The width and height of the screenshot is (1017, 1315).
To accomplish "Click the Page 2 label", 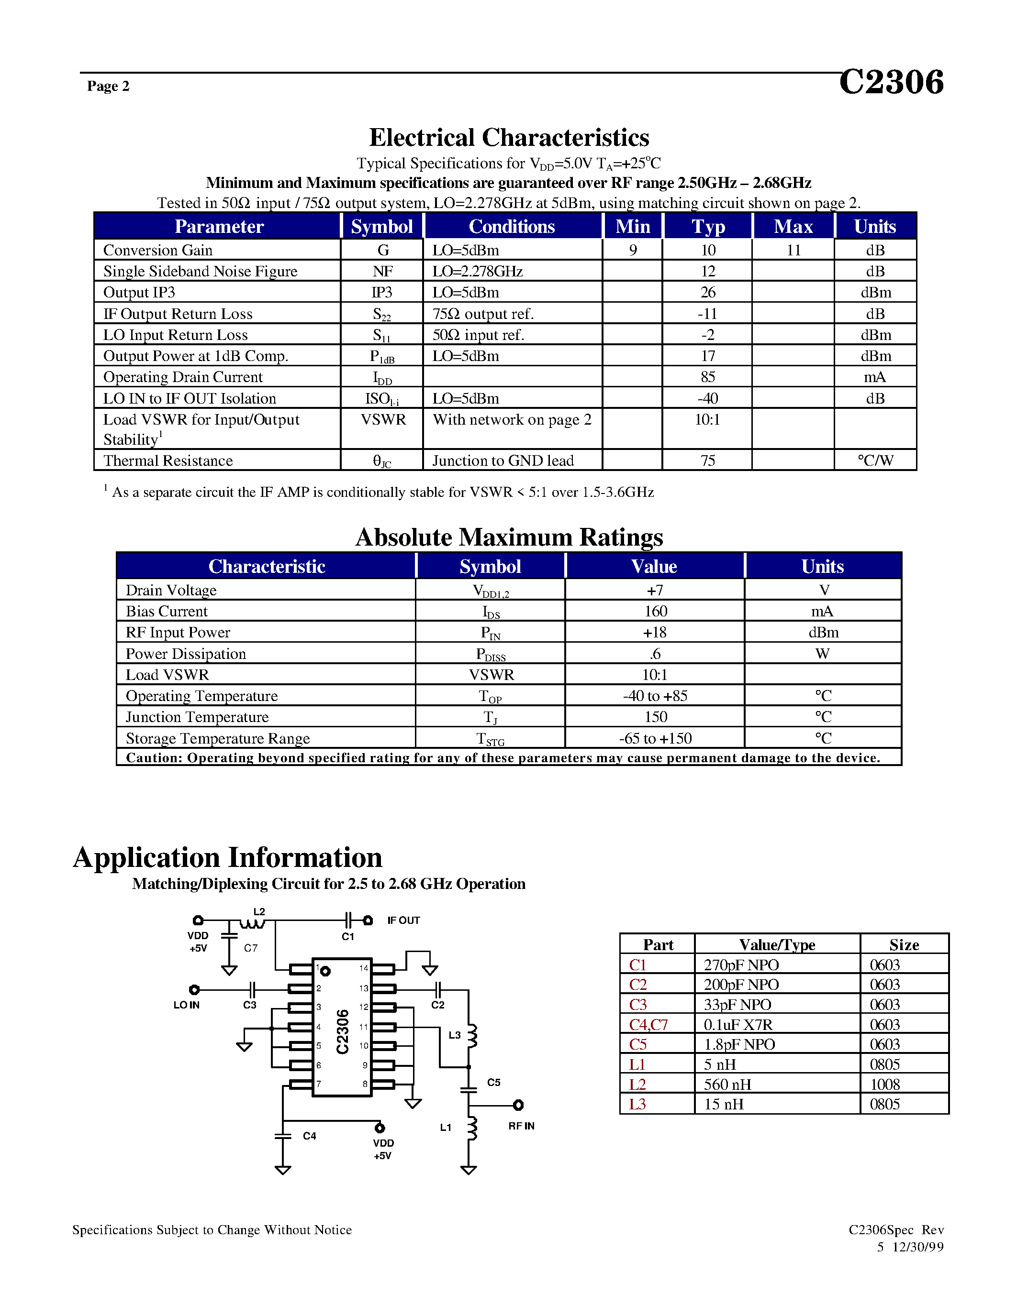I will (x=109, y=86).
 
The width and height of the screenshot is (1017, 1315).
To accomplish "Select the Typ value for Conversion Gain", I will (x=708, y=251).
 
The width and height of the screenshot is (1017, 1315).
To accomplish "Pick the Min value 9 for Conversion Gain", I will (x=633, y=251).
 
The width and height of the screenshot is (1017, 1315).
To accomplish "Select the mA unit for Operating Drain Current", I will (x=875, y=377).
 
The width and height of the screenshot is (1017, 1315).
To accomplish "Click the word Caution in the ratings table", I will (x=153, y=757).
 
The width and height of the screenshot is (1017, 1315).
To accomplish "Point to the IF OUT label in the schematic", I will (x=403, y=920).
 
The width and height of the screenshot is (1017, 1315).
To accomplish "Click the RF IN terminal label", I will (x=521, y=1126).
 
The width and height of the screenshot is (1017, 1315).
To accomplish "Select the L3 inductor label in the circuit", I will (x=454, y=1035).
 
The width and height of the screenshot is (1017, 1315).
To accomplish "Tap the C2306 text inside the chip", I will (x=342, y=1032).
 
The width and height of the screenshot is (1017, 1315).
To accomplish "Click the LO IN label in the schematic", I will (x=186, y=1005).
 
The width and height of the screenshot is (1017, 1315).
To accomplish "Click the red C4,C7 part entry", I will (x=648, y=1025).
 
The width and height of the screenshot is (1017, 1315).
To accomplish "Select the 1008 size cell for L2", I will (x=884, y=1085).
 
